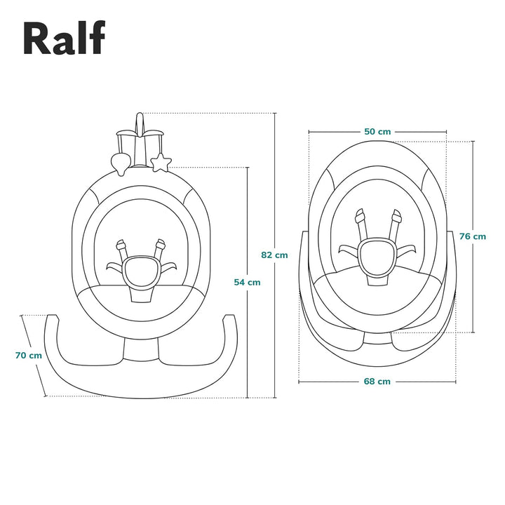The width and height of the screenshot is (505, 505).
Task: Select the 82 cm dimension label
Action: click(274, 255)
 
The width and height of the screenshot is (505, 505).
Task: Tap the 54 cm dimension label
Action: click(247, 282)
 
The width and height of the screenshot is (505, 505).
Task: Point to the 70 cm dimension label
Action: click(28, 355)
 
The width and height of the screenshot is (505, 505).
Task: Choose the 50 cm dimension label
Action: click(377, 131)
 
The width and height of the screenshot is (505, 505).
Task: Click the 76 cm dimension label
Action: click(473, 236)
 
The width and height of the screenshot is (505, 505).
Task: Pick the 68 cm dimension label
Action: click(377, 382)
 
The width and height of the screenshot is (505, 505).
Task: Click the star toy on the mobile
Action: click(161, 163)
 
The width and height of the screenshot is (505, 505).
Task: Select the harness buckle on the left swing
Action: click(140, 269)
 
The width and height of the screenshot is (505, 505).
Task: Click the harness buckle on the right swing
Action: click(377, 257)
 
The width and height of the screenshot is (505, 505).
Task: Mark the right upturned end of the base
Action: click(230, 321)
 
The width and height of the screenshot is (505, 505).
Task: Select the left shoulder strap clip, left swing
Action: click(121, 247)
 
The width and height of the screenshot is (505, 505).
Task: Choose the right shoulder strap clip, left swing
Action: click(161, 246)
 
